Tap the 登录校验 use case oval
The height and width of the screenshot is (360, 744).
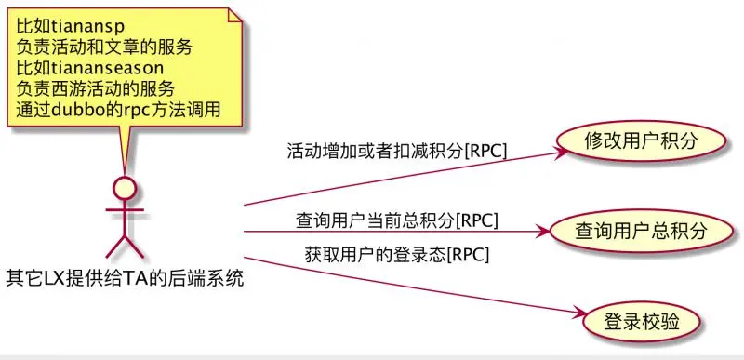[641, 322]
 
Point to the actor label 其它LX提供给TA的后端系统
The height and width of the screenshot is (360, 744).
[125, 276]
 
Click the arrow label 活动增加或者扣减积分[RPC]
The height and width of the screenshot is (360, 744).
[397, 151]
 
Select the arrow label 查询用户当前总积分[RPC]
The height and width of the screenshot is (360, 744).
[397, 220]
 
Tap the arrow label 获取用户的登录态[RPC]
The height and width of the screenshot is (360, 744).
[397, 253]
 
